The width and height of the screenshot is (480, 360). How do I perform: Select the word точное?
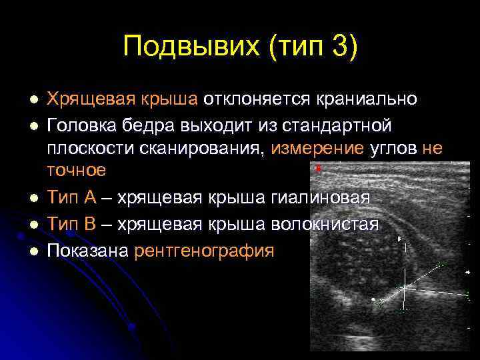click(x=75, y=171)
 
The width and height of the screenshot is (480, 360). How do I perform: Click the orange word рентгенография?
click(x=204, y=251)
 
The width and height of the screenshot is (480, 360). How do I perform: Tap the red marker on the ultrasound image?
click(x=319, y=169)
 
